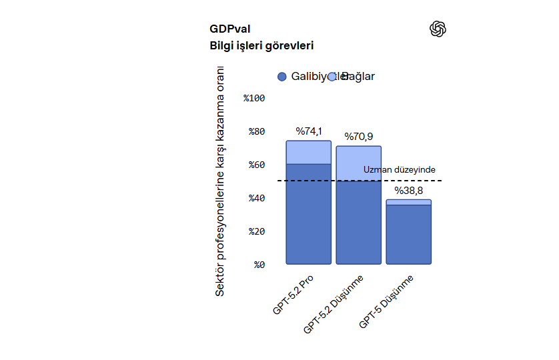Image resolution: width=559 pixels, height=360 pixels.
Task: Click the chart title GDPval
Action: [x=229, y=29]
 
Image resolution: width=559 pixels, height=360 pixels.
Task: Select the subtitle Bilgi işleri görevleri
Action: [x=261, y=46]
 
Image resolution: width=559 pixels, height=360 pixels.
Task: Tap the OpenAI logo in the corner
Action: [x=438, y=29]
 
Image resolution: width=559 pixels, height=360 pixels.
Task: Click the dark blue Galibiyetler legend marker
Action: [x=282, y=77]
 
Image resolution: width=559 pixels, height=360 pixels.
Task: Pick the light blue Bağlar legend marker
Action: [x=332, y=77]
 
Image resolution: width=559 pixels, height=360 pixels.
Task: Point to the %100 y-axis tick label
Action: [x=254, y=98]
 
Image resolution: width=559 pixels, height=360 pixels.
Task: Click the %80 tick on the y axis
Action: [x=257, y=131]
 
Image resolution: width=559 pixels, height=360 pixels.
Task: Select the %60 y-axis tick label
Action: [x=257, y=165]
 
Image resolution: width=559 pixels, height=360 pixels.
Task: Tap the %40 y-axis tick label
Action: [x=257, y=198]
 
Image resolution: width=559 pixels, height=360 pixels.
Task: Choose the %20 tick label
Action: [x=257, y=231]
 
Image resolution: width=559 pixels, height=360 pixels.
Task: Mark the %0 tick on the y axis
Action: [x=259, y=265]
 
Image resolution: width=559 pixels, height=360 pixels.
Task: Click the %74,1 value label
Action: [x=309, y=131]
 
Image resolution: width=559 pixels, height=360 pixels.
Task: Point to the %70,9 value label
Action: [x=358, y=137]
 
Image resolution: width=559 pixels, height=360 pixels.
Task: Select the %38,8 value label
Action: [x=408, y=191]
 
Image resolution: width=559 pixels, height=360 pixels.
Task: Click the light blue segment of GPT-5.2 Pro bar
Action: [x=309, y=152]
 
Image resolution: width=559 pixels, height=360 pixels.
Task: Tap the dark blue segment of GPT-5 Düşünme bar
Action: [x=408, y=234]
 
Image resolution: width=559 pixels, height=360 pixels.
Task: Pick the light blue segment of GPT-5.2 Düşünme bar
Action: [x=358, y=163]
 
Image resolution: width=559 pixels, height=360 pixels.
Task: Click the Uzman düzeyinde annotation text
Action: [x=399, y=170]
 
